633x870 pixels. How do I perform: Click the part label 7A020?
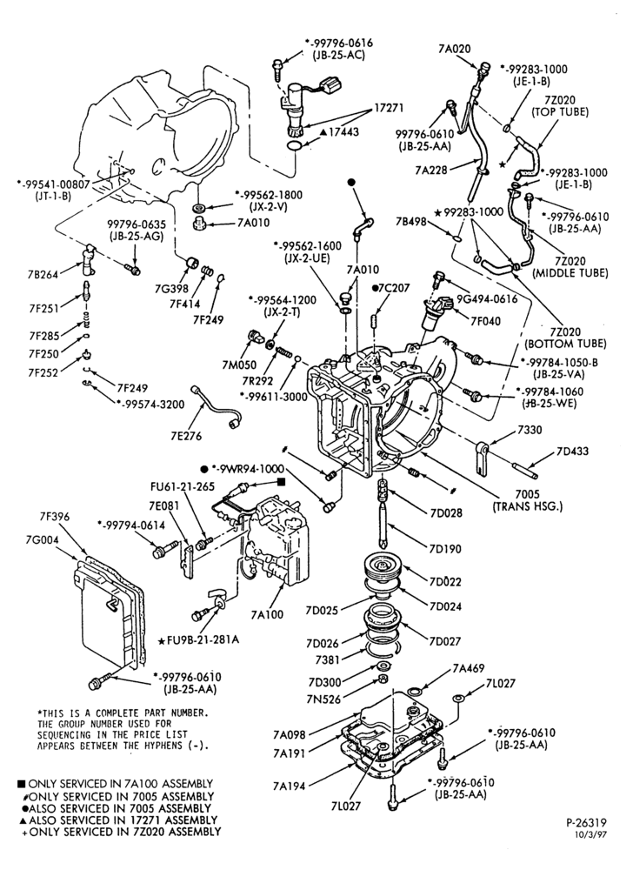pyautogui.click(x=454, y=49)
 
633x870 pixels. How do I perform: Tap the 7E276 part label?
pyautogui.click(x=186, y=436)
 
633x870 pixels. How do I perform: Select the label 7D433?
pyautogui.click(x=573, y=451)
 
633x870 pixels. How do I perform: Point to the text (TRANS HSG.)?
pyautogui.click(x=527, y=506)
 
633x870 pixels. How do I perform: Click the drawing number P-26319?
pyautogui.click(x=586, y=823)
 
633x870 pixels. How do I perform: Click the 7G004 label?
pyautogui.click(x=42, y=539)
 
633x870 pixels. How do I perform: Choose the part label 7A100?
pyautogui.click(x=267, y=614)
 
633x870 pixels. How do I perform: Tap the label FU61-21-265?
pyautogui.click(x=183, y=486)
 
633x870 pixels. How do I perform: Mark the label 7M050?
pyautogui.click(x=239, y=365)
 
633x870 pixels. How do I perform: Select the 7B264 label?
pyautogui.click(x=43, y=274)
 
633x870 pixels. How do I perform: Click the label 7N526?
pyautogui.click(x=324, y=699)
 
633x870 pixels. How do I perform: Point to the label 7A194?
pyautogui.click(x=289, y=786)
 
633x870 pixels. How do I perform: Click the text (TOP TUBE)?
pyautogui.click(x=560, y=111)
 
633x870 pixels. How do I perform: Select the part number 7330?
pyautogui.click(x=530, y=430)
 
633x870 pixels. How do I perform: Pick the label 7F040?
pyautogui.click(x=485, y=321)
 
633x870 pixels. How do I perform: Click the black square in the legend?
pyautogui.click(x=21, y=784)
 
